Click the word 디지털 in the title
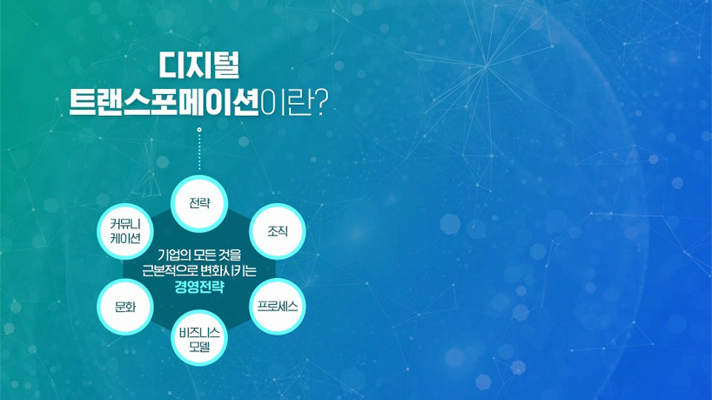pyautogui.click(x=198, y=65)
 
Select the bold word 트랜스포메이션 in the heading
pyautogui.click(x=164, y=101)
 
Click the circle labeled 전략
pyautogui.click(x=198, y=203)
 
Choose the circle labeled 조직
pyautogui.click(x=278, y=231)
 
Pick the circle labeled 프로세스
pyautogui.click(x=278, y=307)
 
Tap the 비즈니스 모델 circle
pyautogui.click(x=198, y=338)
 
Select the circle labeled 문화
pyautogui.click(x=125, y=307)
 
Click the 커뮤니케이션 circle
pyautogui.click(x=125, y=231)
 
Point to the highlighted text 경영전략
pyautogui.click(x=199, y=288)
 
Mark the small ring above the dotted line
pyautogui.click(x=199, y=130)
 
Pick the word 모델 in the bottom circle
pyautogui.click(x=199, y=347)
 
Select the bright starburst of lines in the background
pyautogui.click(x=486, y=66)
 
